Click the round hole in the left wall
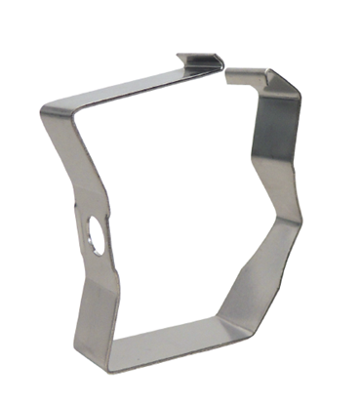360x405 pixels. coord(96,234)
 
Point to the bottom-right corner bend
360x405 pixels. coord(223,329)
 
